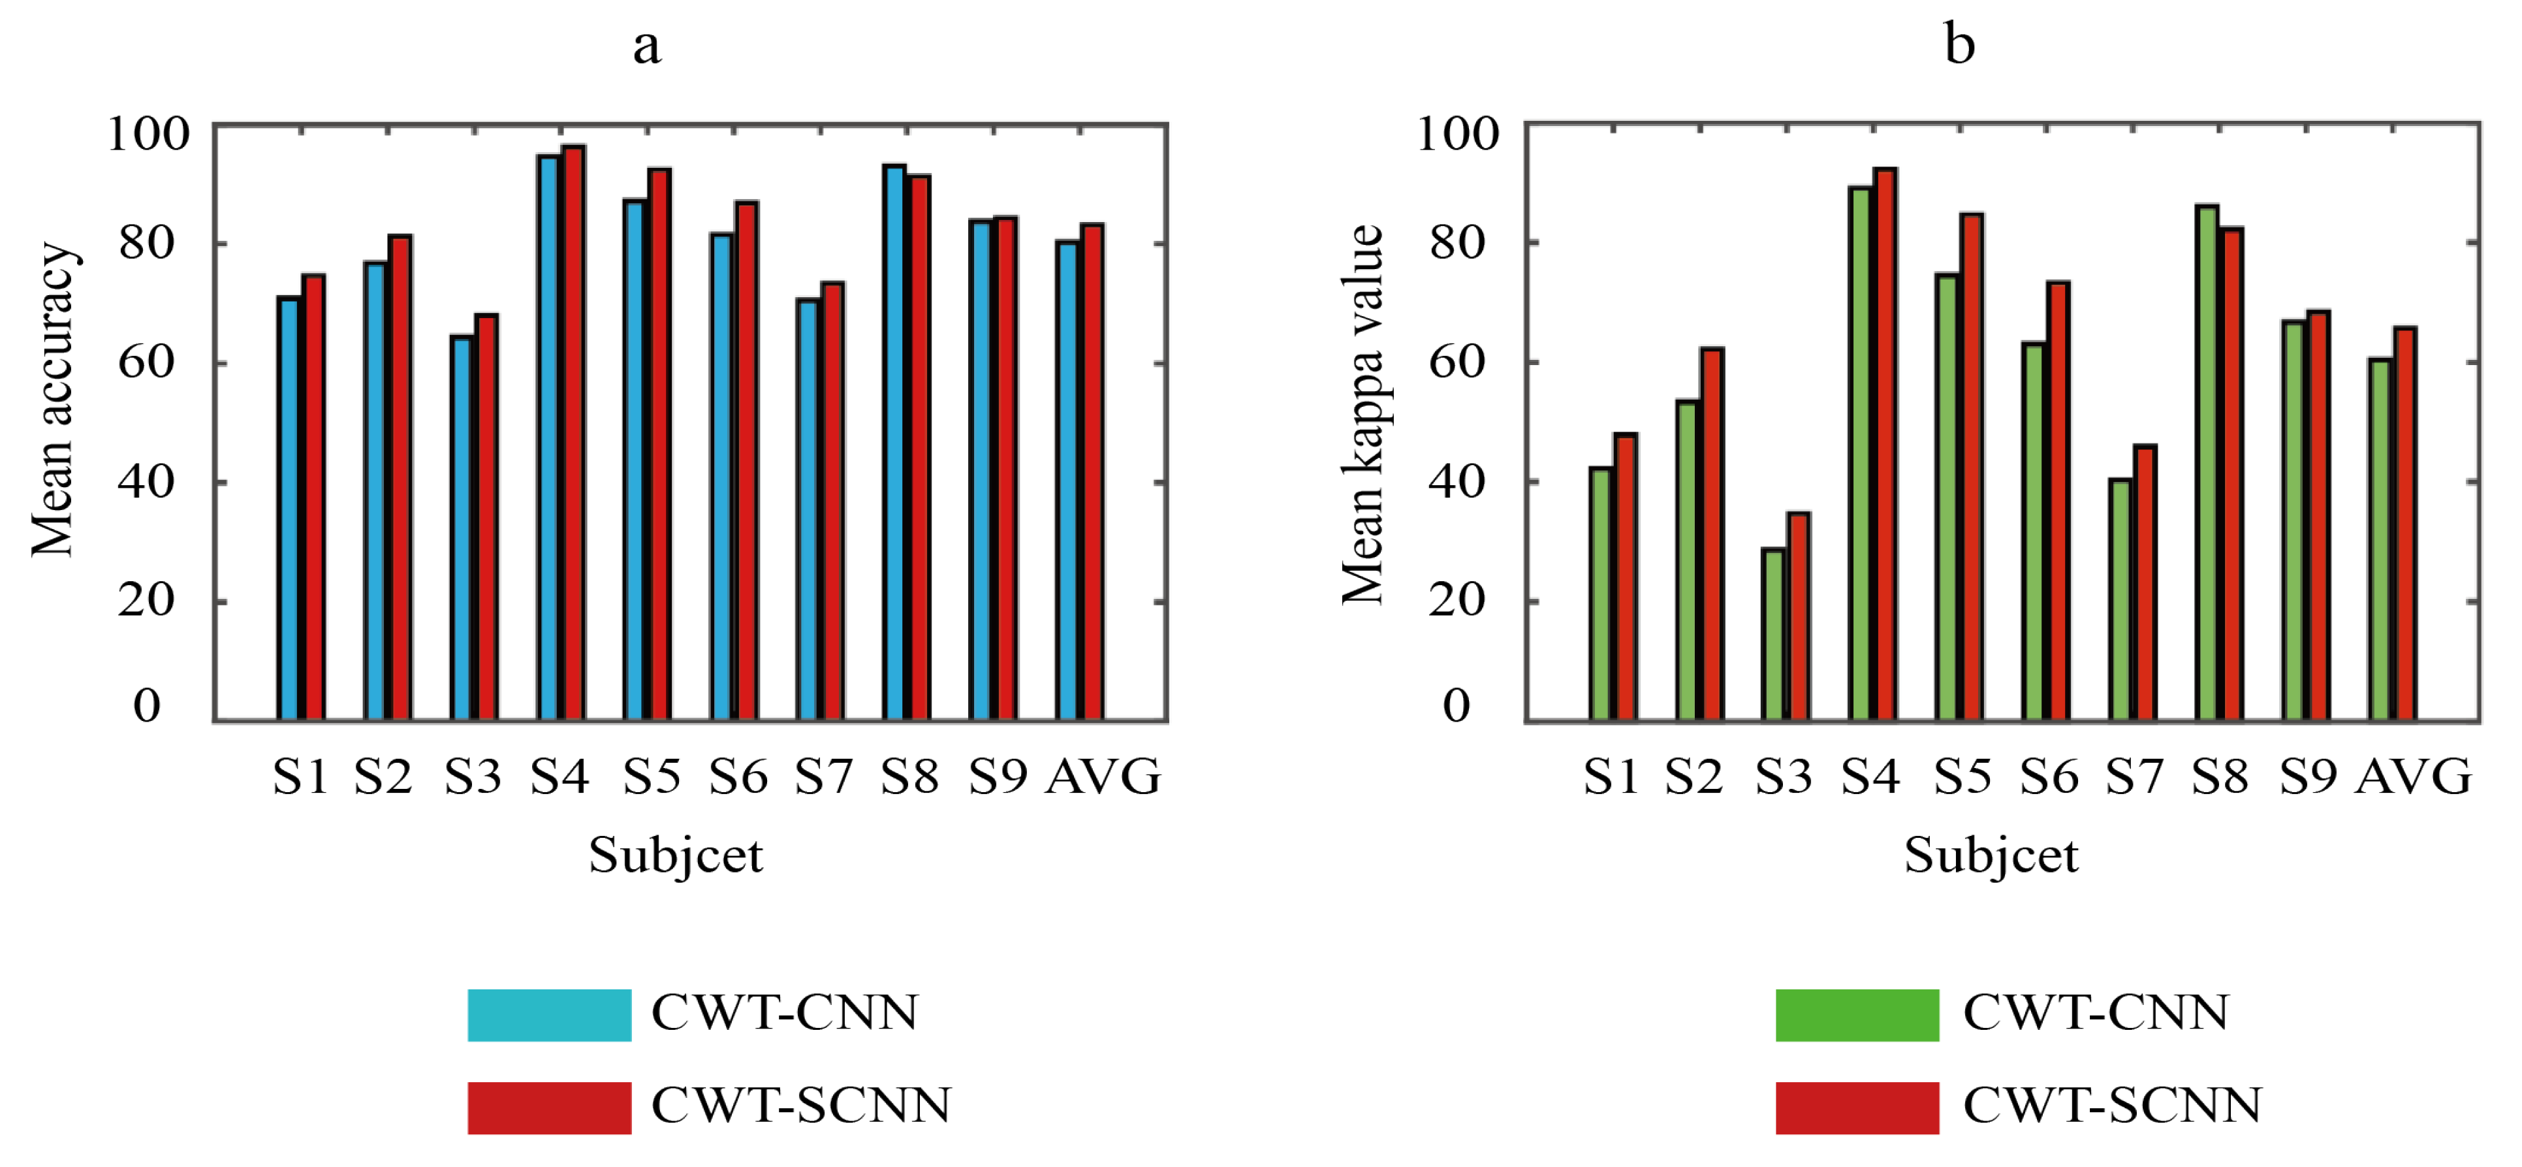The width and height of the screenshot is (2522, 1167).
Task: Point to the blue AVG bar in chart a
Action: coord(1067,481)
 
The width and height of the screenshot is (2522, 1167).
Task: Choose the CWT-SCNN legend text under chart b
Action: coord(2112,1106)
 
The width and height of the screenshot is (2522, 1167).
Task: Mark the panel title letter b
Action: coord(1959,44)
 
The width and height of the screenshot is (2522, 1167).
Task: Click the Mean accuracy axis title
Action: coord(53,400)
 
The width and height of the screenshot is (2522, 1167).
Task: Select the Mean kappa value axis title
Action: coord(1363,414)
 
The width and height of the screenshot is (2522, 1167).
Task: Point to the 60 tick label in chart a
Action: coord(146,362)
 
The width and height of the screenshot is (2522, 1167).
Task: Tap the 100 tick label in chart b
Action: coord(1457,134)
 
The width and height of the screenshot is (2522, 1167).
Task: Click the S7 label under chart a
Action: coord(823,776)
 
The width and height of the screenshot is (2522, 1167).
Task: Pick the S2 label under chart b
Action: coord(1694,776)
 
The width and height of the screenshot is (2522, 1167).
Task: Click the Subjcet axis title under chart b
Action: coord(1991,855)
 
